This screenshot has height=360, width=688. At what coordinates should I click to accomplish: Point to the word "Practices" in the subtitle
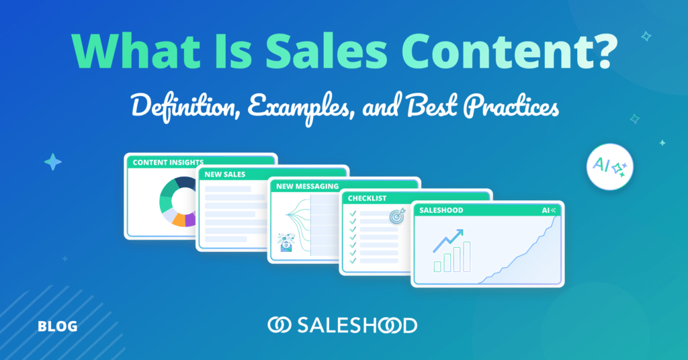[511, 107]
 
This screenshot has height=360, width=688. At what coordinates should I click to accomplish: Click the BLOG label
[58, 326]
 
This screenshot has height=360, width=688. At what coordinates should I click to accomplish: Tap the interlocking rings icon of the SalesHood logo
[279, 325]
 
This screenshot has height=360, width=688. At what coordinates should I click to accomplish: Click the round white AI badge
[610, 167]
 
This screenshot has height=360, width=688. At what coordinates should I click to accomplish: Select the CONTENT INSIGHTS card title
[168, 163]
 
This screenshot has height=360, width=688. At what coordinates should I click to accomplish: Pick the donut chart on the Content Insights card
[177, 201]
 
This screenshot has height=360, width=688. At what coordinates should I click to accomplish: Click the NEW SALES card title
[224, 175]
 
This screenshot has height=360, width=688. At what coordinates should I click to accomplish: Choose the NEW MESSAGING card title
[307, 186]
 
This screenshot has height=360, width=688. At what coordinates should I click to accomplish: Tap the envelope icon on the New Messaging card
[286, 243]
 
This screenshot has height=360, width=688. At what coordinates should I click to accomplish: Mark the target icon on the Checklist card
[397, 216]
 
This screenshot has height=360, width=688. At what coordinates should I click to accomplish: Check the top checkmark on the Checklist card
[352, 214]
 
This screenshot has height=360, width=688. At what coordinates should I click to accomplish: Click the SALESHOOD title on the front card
[441, 210]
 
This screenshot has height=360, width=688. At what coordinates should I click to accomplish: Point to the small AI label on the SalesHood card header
[549, 210]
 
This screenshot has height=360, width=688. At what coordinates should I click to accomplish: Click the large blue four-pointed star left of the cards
[52, 162]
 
